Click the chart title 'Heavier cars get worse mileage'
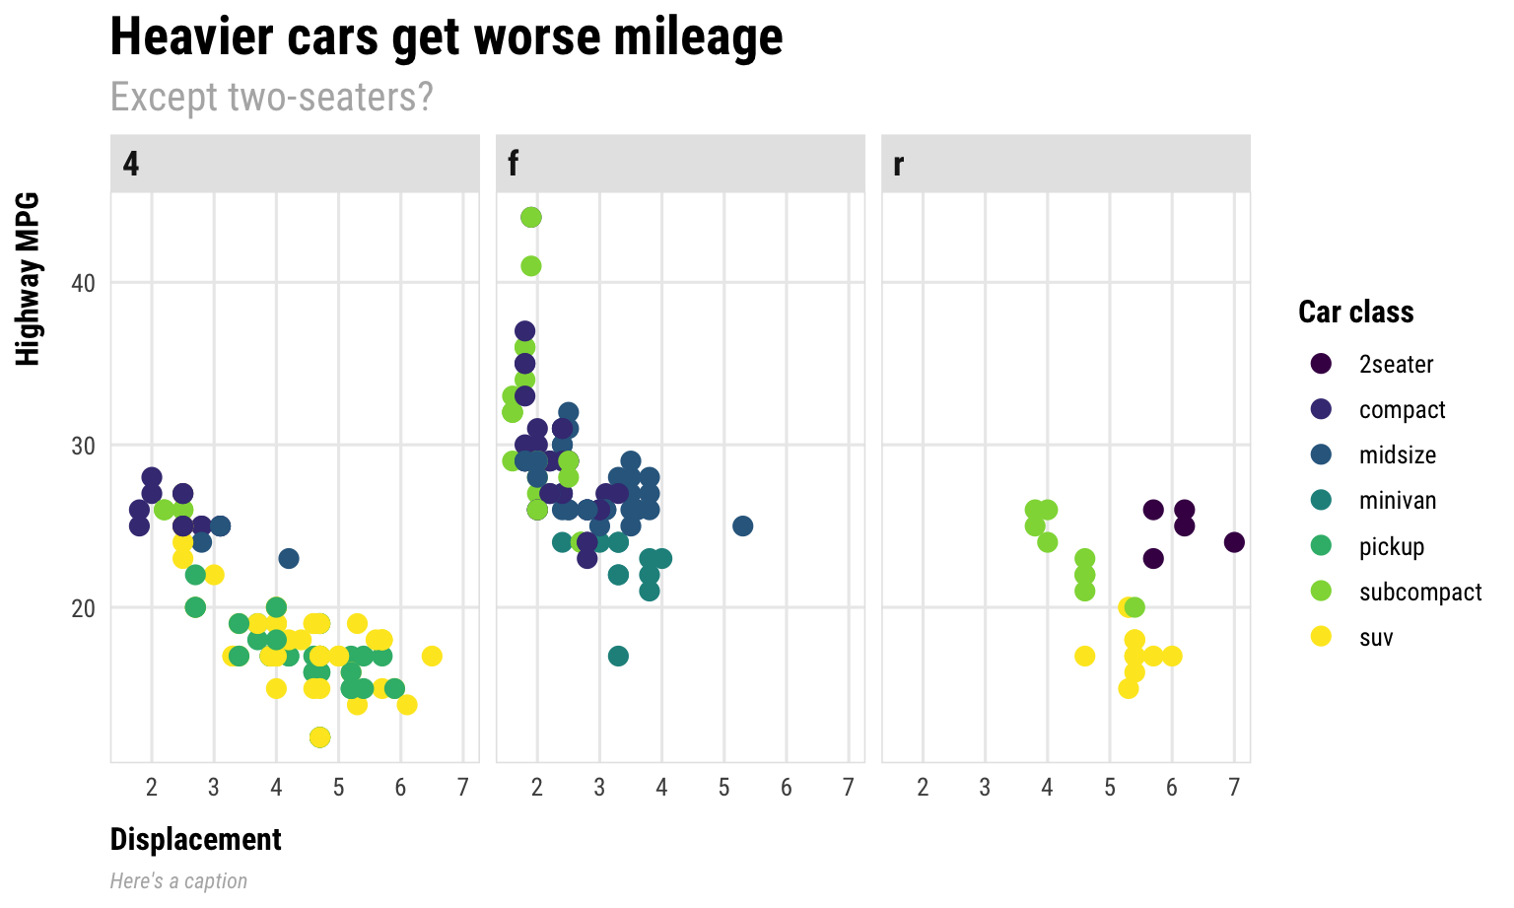446,37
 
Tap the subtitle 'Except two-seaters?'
271,97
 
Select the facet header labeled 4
295,164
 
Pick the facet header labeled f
680,164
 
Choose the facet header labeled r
1066,164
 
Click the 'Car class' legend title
1355,312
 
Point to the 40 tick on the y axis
83,283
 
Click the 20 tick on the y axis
83,607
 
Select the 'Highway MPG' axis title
28,279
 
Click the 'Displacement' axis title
195,839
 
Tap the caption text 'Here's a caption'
178,880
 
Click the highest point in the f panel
531,217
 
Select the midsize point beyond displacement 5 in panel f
743,525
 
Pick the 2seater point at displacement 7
1234,542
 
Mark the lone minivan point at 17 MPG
618,656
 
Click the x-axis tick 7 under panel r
1234,787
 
